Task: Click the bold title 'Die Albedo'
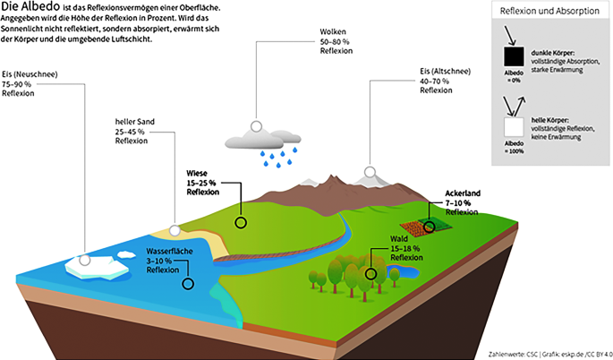tap(29, 8)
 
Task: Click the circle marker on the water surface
tap(188, 284)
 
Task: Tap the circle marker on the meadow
tap(240, 222)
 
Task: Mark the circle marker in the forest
tap(371, 273)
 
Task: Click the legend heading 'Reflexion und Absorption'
tap(549, 10)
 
